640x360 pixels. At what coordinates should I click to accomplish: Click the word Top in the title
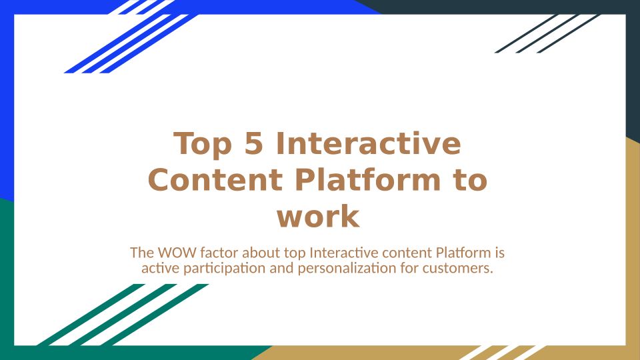tap(203, 145)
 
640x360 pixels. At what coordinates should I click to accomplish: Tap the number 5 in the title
tap(253, 143)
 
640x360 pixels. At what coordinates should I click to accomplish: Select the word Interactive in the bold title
tap(369, 143)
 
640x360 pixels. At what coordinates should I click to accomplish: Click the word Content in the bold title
tap(215, 179)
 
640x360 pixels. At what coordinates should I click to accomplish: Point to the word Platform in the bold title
tap(367, 179)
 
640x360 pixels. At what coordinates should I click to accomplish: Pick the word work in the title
tap(318, 216)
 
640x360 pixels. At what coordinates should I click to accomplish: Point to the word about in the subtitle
tap(261, 253)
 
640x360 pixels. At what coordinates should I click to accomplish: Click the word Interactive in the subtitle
tap(344, 253)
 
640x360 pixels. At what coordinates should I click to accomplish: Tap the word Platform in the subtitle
tap(463, 253)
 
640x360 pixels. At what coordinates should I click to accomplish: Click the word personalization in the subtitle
tap(347, 269)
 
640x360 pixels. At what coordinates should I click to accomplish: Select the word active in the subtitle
tap(161, 268)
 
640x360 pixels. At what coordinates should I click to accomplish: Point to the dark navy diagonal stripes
tap(547, 33)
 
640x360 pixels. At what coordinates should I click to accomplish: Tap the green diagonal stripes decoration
tap(123, 315)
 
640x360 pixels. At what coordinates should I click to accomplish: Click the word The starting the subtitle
tap(142, 253)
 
